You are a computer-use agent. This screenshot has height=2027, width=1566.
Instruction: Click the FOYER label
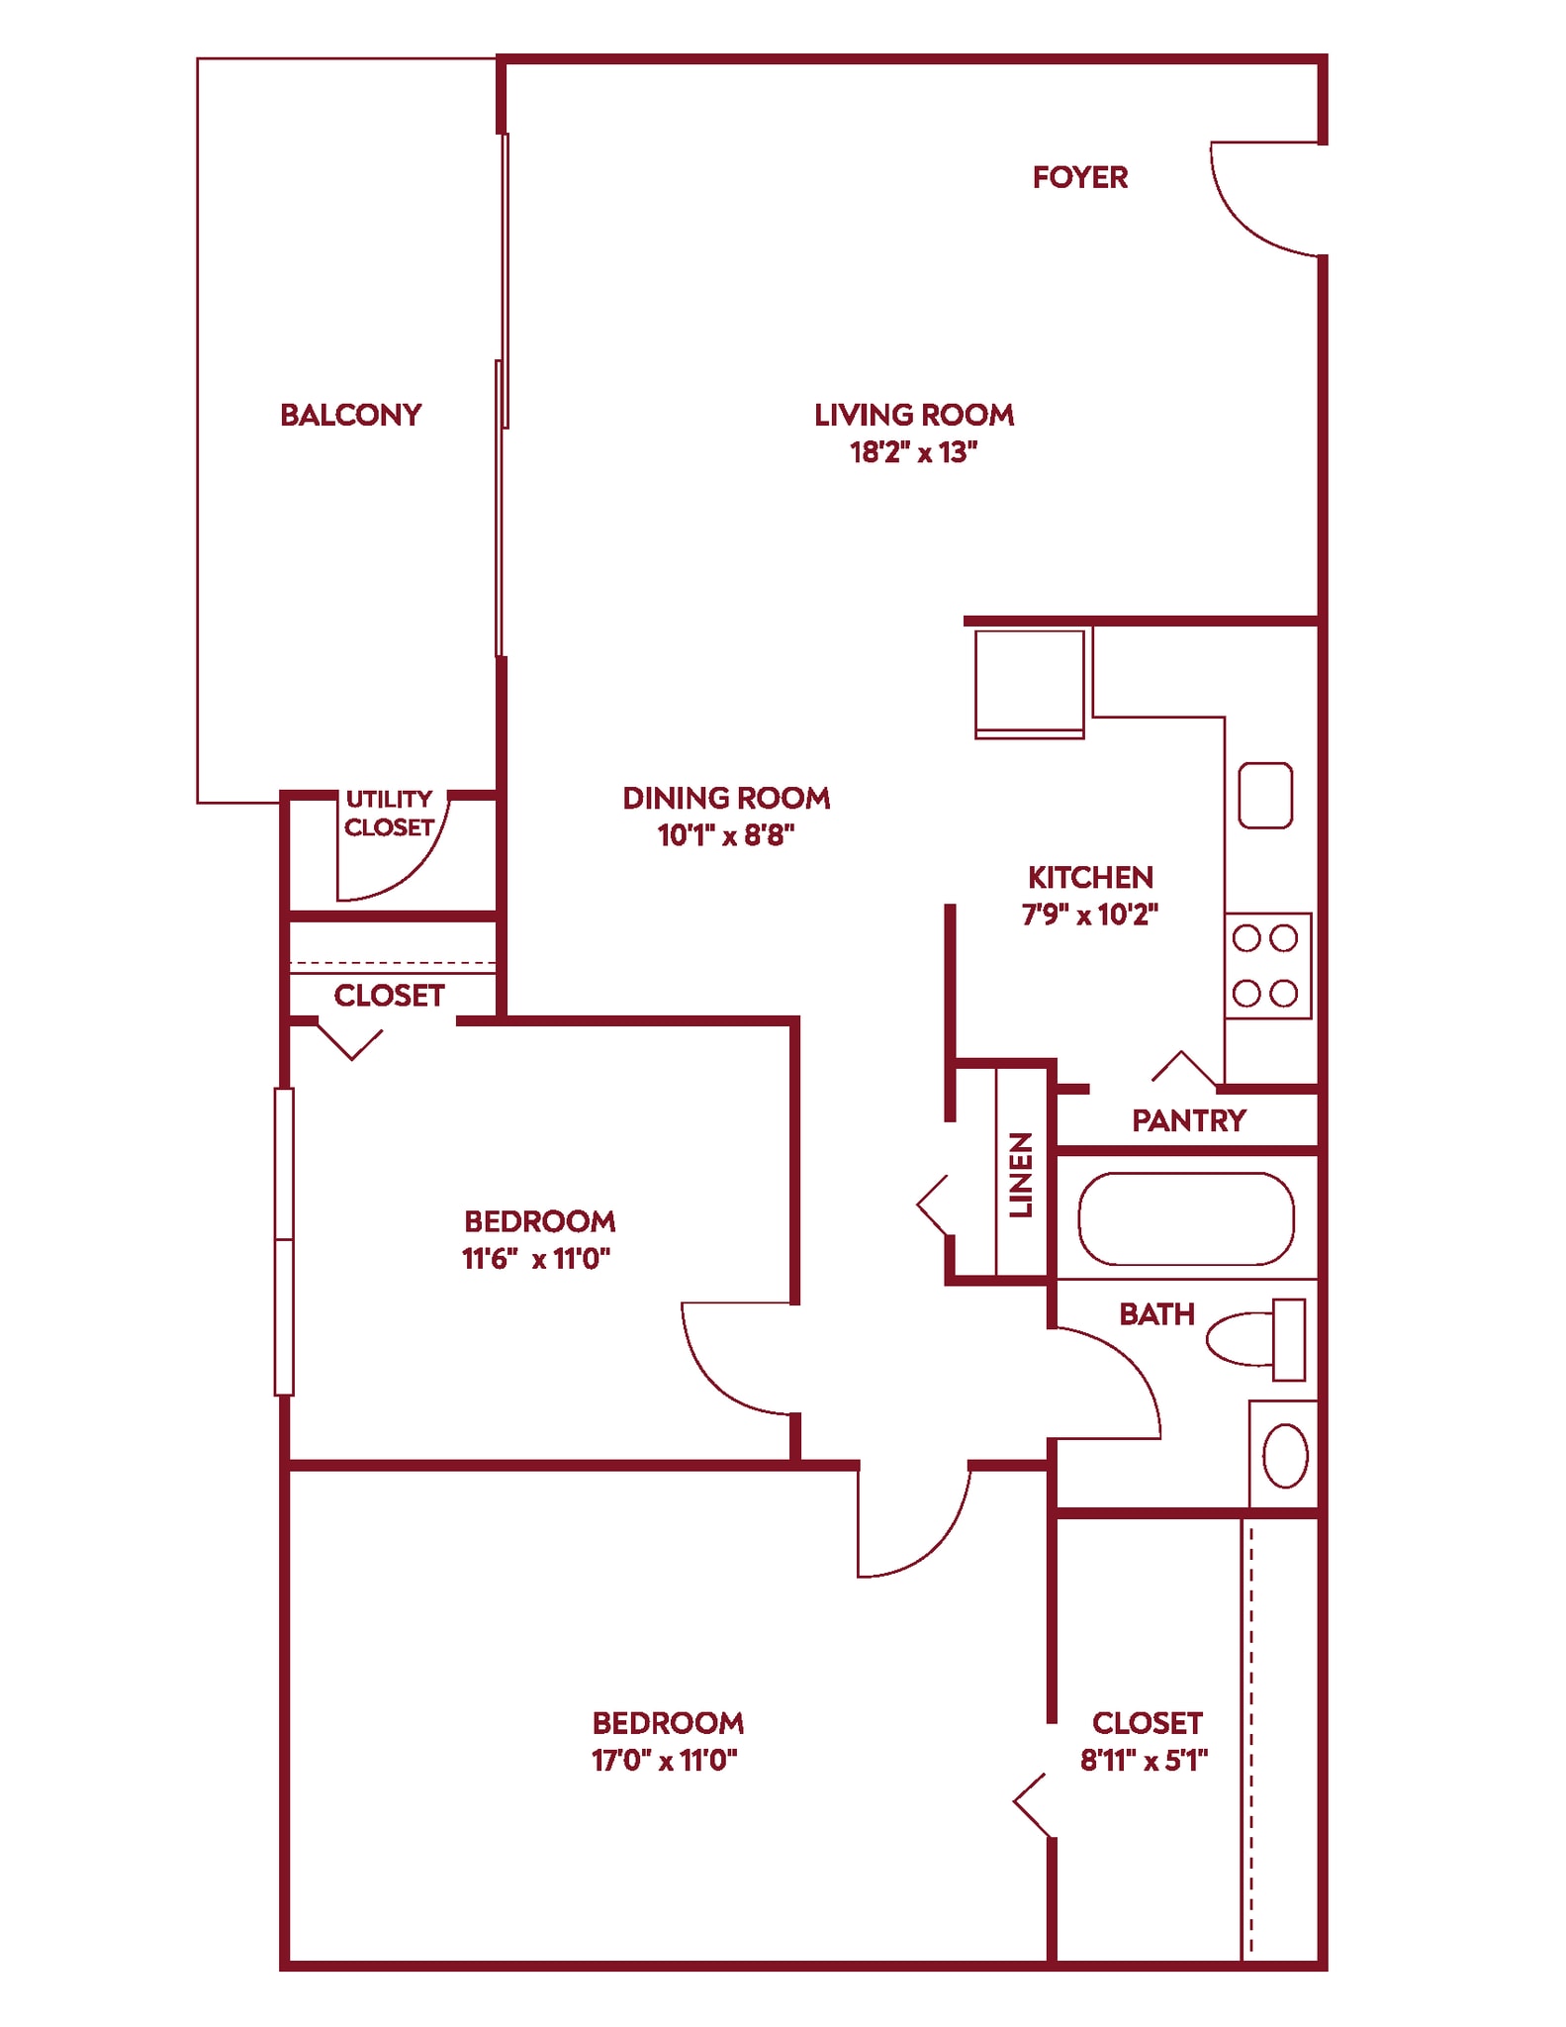pyautogui.click(x=1079, y=177)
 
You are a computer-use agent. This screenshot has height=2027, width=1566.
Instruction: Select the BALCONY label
pyautogui.click(x=350, y=415)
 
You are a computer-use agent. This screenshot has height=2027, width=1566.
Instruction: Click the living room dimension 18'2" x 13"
pyautogui.click(x=913, y=452)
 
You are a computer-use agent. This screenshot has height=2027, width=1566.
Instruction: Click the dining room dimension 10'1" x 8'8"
pyautogui.click(x=726, y=835)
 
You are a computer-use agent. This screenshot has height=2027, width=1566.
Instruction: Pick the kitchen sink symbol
pyautogui.click(x=1264, y=795)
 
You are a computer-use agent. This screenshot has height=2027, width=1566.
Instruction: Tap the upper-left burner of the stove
pyautogui.click(x=1246, y=937)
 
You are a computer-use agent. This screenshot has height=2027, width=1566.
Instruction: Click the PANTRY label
pyautogui.click(x=1188, y=1120)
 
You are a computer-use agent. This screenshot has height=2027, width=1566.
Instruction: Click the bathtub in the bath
pyautogui.click(x=1185, y=1218)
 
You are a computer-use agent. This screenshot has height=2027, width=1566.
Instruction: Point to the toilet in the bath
pyautogui.click(x=1254, y=1339)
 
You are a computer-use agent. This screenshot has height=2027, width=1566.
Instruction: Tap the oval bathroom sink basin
pyautogui.click(x=1285, y=1456)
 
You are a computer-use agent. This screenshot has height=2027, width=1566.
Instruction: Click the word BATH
pyautogui.click(x=1156, y=1314)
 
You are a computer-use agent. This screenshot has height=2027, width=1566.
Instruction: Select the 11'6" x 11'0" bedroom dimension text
pyautogui.click(x=535, y=1258)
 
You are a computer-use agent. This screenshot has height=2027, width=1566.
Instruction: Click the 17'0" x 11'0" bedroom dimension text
pyautogui.click(x=665, y=1760)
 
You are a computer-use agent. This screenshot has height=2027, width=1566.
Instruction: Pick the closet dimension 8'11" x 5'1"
pyautogui.click(x=1144, y=1760)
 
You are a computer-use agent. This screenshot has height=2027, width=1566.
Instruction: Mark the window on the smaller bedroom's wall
pyautogui.click(x=284, y=1241)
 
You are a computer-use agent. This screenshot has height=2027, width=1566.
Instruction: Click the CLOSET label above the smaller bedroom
pyautogui.click(x=389, y=996)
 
